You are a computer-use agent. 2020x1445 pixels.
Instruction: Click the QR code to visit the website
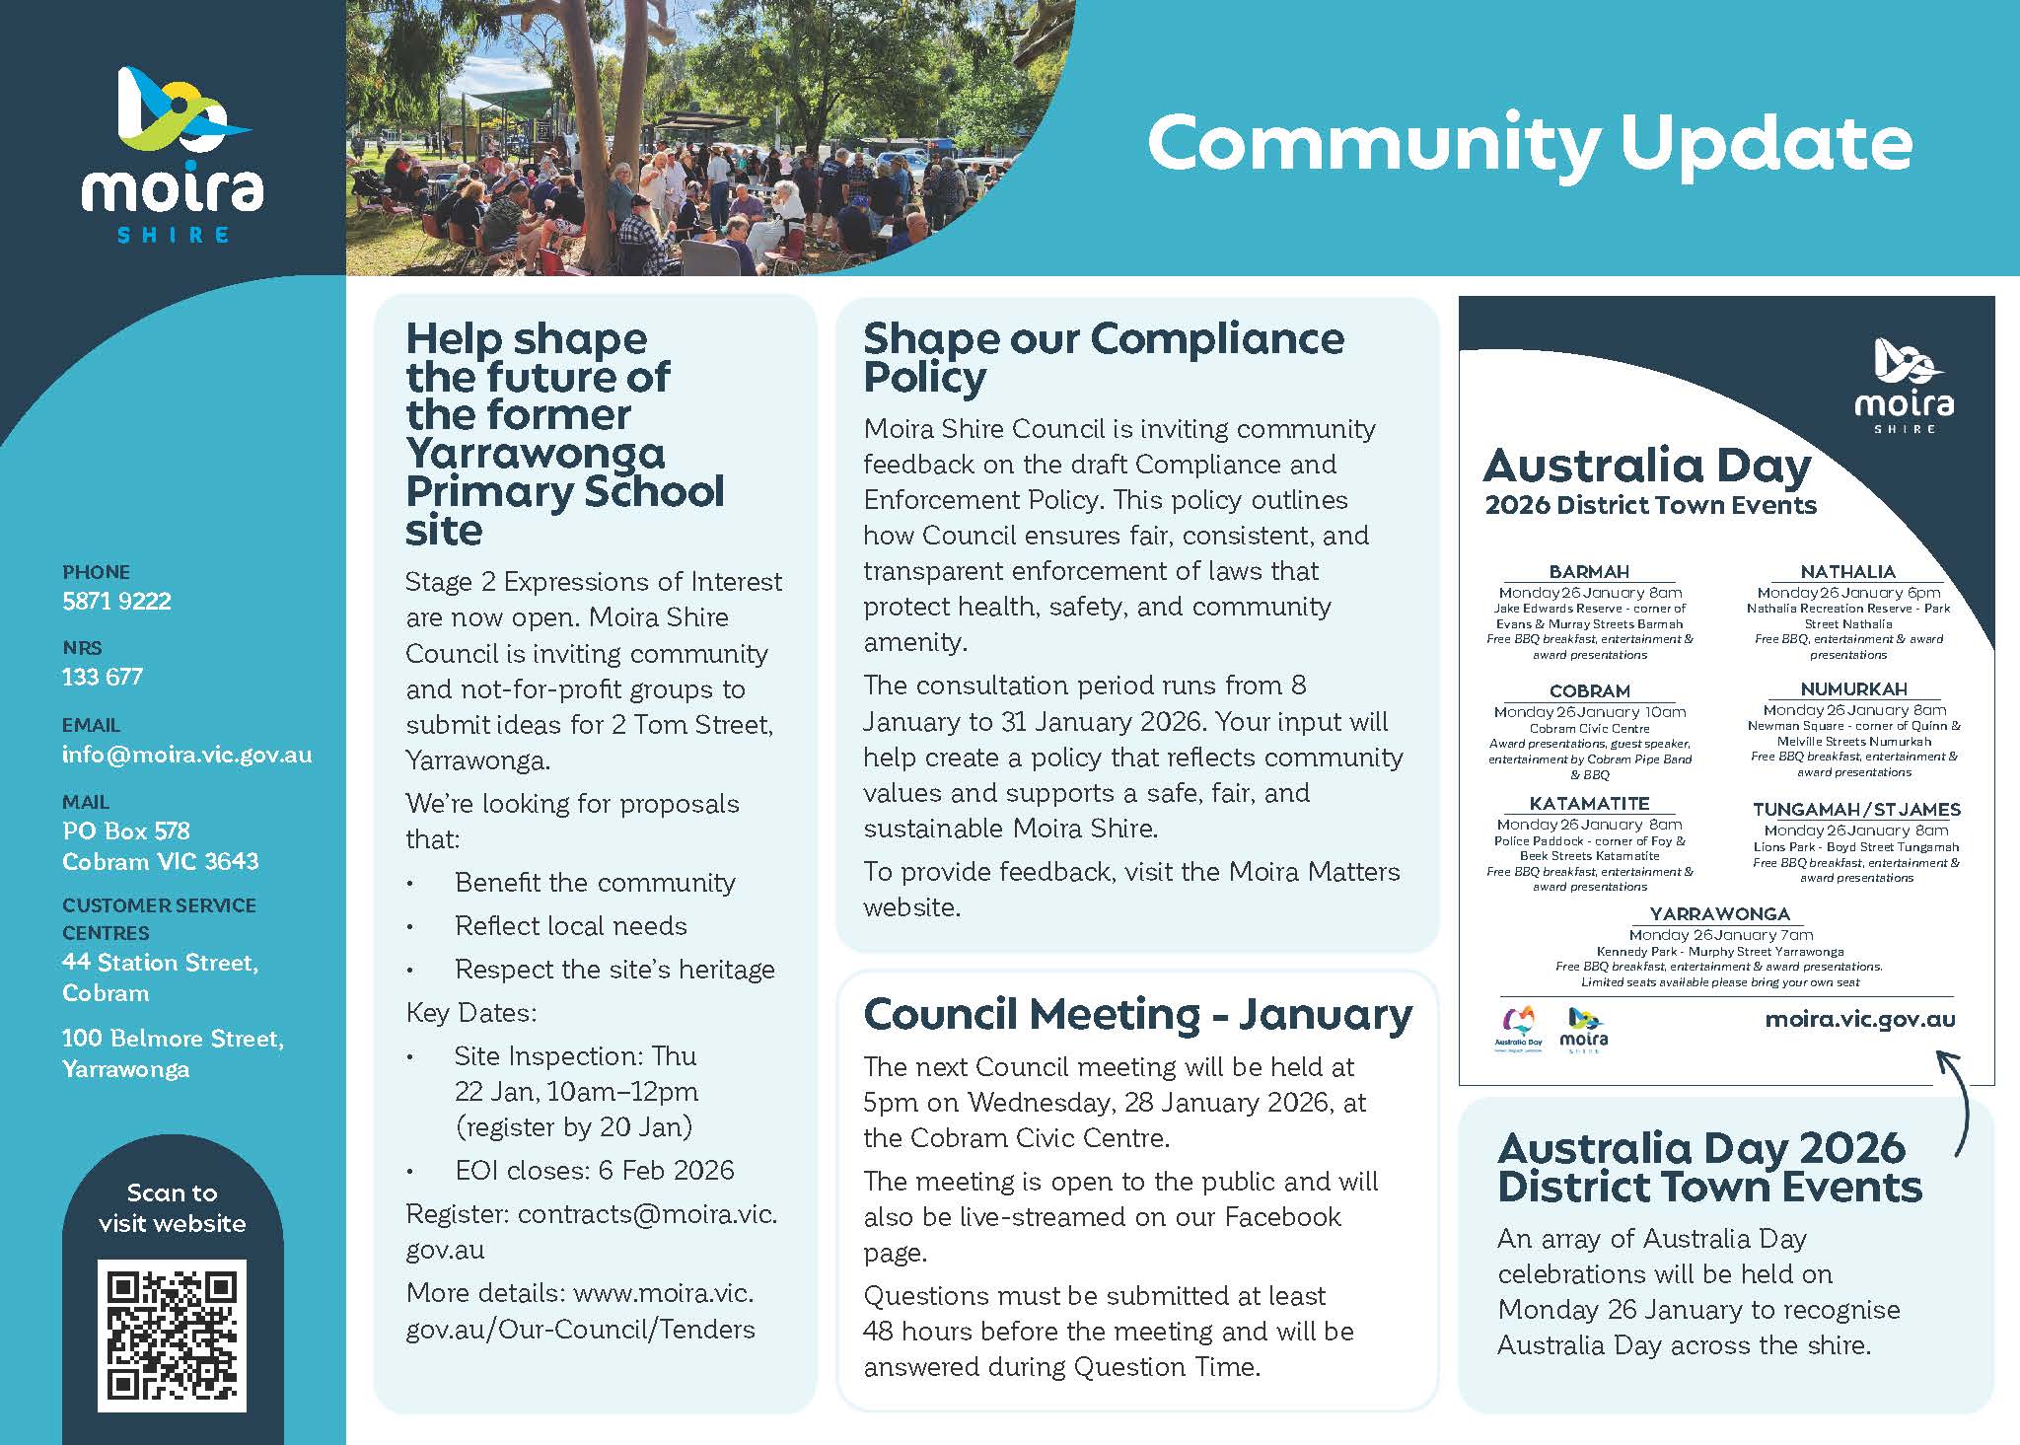click(172, 1335)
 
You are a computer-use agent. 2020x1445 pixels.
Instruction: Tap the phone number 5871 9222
click(116, 601)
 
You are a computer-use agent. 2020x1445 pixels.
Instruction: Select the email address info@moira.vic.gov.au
click(186, 755)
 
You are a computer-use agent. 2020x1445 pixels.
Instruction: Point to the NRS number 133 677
click(103, 677)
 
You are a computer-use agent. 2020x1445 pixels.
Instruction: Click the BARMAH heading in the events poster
click(1589, 572)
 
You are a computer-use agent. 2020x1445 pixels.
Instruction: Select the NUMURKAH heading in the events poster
click(1853, 689)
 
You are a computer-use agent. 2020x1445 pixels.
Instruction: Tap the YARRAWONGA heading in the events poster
click(1719, 914)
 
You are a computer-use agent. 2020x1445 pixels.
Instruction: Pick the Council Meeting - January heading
click(1137, 1015)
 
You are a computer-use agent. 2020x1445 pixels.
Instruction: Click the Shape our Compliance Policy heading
click(1103, 357)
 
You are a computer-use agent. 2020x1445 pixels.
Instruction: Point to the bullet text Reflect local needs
click(570, 926)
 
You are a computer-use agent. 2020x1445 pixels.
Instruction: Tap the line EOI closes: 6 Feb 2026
click(594, 1171)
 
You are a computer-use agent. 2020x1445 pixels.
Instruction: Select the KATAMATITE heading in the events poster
click(1589, 804)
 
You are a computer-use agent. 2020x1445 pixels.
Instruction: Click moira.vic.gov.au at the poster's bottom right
click(1859, 1019)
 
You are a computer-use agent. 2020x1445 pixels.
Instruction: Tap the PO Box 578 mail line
click(126, 831)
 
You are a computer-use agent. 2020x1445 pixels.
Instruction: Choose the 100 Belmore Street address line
click(173, 1039)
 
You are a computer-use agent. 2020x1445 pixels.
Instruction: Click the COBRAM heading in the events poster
click(1589, 691)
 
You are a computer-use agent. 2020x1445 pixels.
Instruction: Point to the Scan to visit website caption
click(172, 1208)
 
